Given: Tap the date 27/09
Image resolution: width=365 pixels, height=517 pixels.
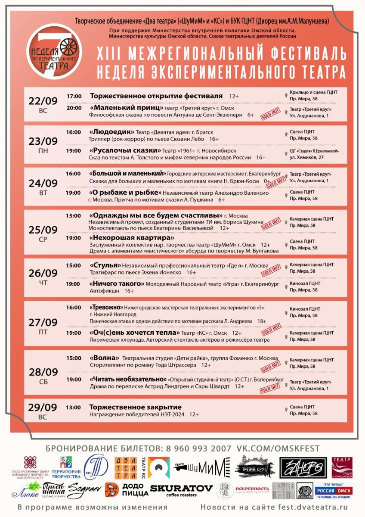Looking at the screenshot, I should tap(43, 322).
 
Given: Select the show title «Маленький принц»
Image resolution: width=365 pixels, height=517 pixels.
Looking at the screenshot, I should tap(127, 108).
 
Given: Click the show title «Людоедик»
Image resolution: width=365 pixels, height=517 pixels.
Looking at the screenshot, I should tap(111, 132).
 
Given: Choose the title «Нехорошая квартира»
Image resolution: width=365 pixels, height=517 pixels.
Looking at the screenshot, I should tap(131, 238).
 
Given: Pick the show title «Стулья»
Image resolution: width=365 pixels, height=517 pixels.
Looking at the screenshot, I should tap(105, 265).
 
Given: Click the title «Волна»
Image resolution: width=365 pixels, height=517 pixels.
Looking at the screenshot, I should tap(104, 358).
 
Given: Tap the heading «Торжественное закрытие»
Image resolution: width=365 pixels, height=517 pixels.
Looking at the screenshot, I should tap(135, 407).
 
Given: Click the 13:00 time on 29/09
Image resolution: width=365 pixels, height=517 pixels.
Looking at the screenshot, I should tap(74, 407).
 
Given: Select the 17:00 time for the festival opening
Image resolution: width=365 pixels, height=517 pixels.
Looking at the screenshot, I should tap(74, 96).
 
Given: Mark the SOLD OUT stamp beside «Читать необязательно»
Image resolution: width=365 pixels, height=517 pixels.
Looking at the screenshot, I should tap(270, 389).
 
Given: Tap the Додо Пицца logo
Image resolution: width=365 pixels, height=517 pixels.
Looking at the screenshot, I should tap(125, 490).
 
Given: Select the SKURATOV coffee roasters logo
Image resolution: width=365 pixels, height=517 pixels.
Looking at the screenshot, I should tap(181, 490).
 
